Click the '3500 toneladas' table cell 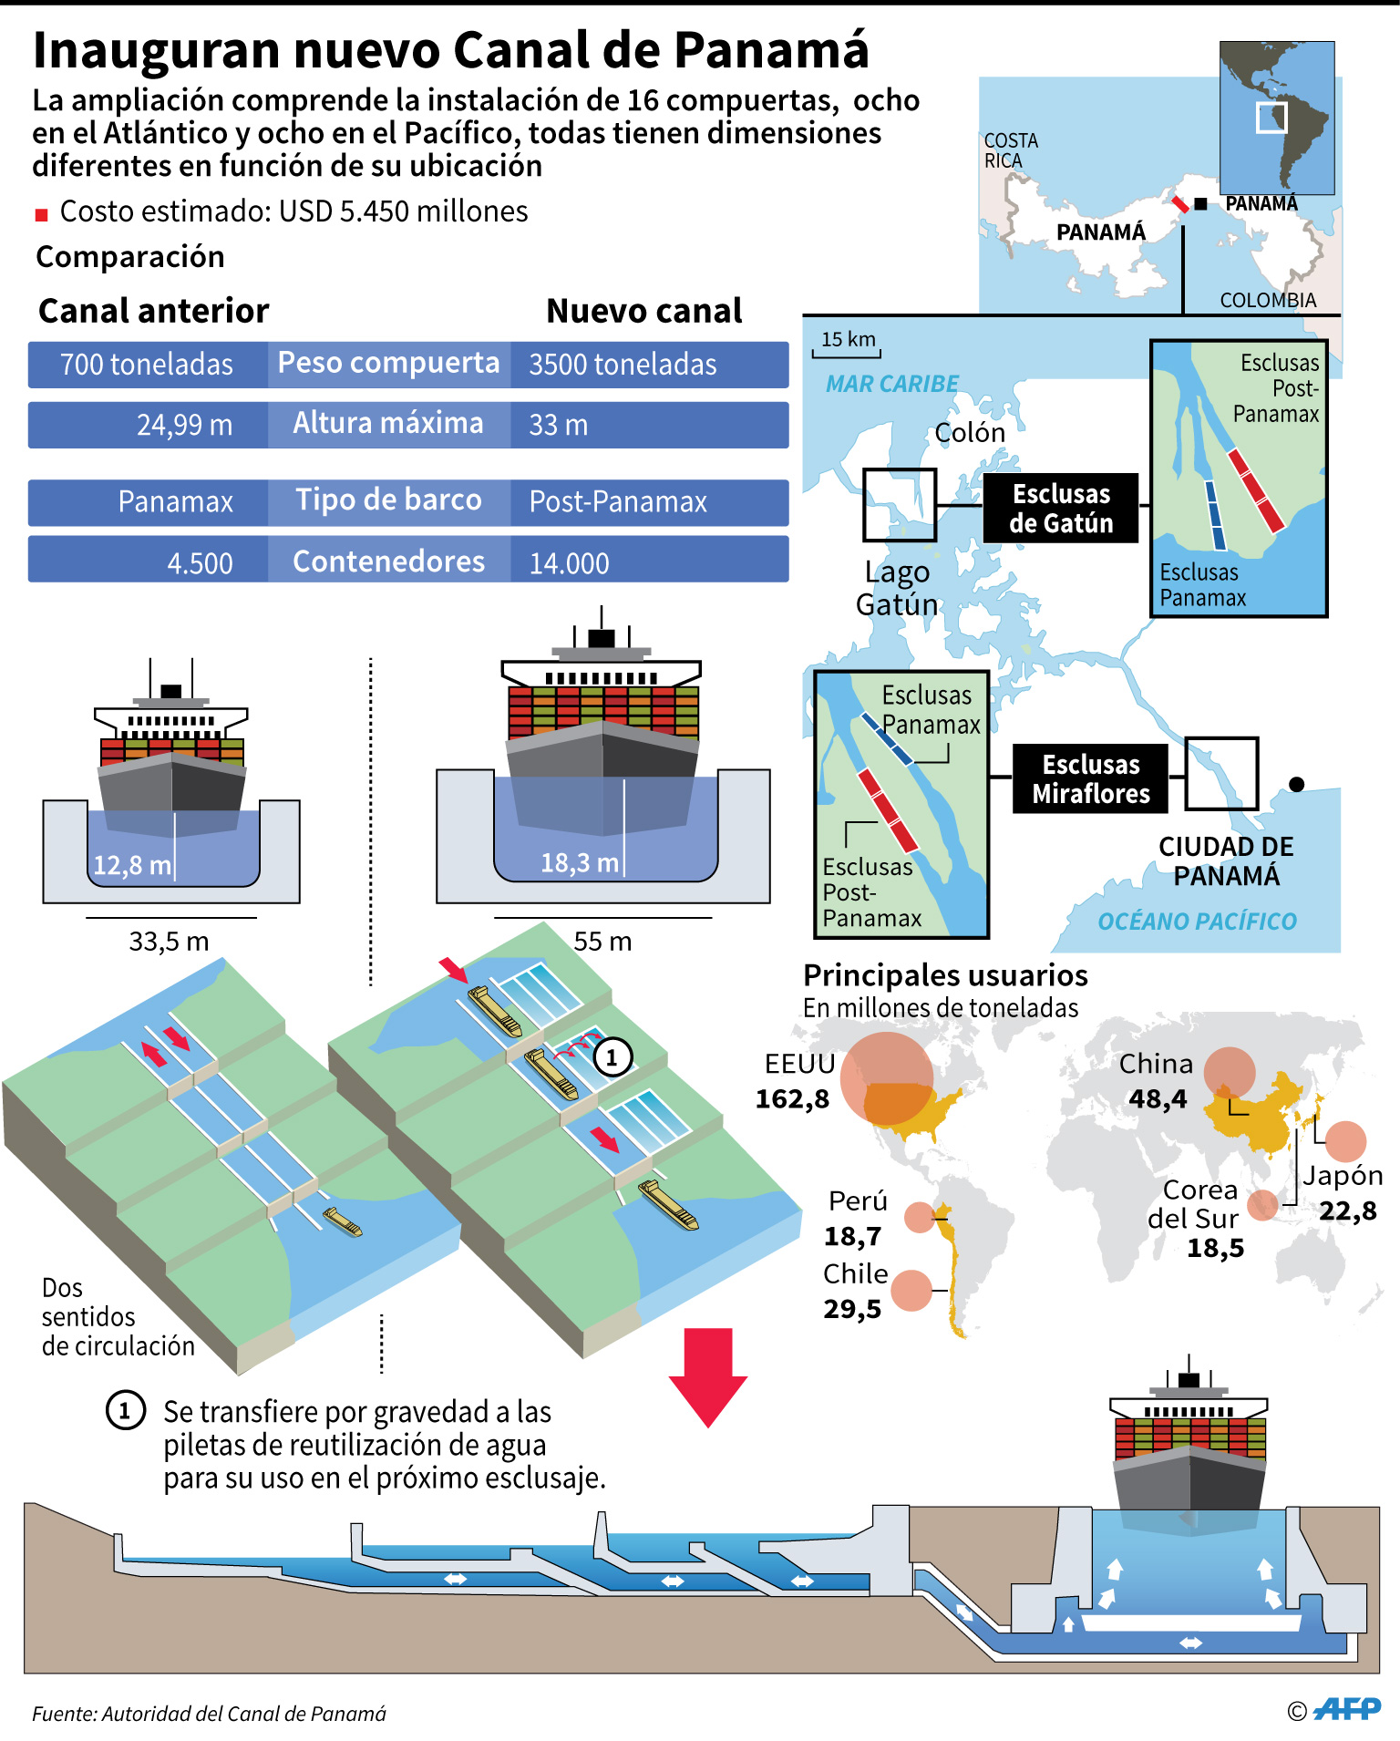(x=623, y=365)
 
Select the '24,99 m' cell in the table (x=184, y=425)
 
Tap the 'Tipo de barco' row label (x=388, y=500)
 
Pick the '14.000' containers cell (x=569, y=563)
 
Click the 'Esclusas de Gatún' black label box (x=1061, y=509)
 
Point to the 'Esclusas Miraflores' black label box (x=1091, y=779)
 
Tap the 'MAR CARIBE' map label (x=891, y=384)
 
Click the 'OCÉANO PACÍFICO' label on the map (x=1197, y=922)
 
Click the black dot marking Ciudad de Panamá (x=1297, y=784)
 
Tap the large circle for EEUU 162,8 (x=886, y=1079)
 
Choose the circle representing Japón (x=1345, y=1141)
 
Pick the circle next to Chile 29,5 (x=911, y=1291)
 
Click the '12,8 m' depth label (x=132, y=865)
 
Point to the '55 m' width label (x=602, y=942)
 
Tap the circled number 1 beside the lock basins (x=612, y=1057)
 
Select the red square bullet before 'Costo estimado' (x=41, y=215)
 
